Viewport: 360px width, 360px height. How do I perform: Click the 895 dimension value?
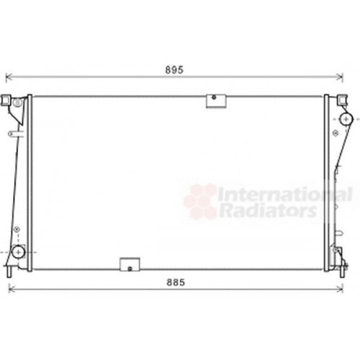pos(174,70)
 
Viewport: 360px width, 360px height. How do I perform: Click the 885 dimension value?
pos(176,282)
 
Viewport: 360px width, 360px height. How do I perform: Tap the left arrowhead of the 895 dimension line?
pos(9,77)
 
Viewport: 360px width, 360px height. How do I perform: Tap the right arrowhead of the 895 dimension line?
pos(341,77)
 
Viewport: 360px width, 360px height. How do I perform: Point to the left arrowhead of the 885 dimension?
pos(11,289)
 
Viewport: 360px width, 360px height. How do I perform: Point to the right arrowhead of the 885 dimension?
pos(341,289)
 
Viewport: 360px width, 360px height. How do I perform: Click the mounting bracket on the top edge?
pos(216,101)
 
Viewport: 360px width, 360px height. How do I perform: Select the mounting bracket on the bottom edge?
pos(130,264)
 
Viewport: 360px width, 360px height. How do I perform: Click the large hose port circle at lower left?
pos(19,252)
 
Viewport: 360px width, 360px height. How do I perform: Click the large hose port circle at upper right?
pos(346,119)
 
